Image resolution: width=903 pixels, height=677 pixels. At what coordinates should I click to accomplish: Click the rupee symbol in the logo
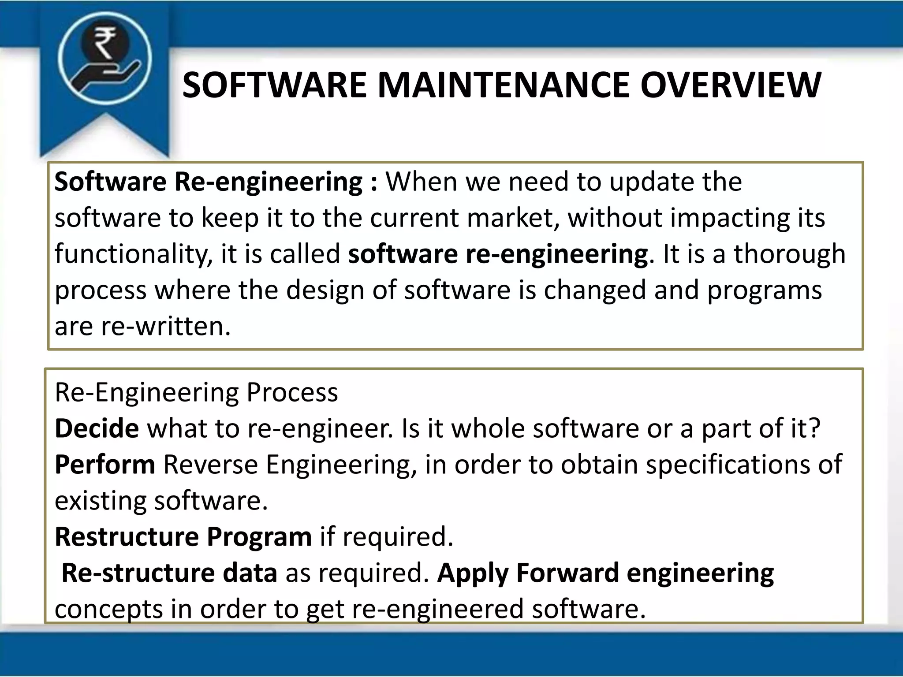click(104, 43)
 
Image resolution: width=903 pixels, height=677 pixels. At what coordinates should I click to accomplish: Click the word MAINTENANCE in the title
click(504, 85)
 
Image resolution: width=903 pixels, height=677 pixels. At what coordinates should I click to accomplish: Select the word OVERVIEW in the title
click(731, 85)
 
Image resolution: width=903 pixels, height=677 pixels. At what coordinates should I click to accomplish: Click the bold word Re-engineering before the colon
click(269, 182)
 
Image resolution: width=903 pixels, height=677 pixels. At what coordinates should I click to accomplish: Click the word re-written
click(166, 327)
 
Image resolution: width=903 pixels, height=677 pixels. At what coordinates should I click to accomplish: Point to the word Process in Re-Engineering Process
click(292, 392)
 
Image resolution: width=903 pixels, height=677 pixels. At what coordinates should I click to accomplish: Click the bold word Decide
click(97, 428)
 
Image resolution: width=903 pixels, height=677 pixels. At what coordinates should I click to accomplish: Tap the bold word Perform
click(105, 465)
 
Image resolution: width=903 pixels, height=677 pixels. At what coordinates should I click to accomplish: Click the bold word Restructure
click(127, 537)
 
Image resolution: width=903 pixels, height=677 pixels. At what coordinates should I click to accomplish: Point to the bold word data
click(250, 573)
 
